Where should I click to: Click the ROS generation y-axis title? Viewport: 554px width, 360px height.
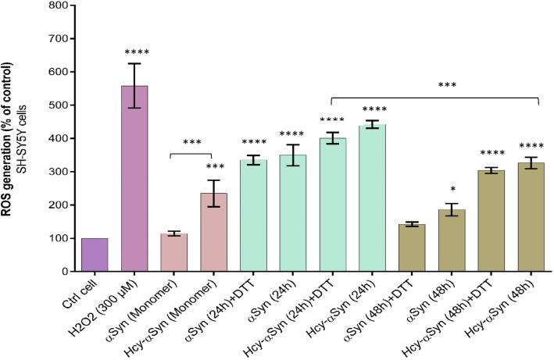coord(13,137)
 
